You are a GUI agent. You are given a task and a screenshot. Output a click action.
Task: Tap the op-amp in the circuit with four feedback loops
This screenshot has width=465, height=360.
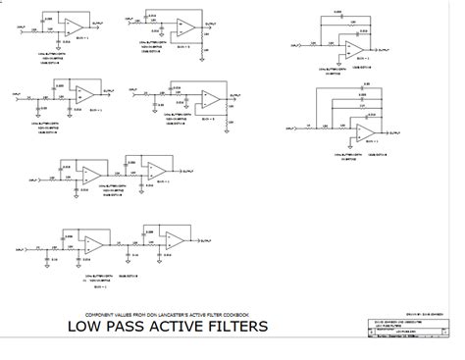point(364,130)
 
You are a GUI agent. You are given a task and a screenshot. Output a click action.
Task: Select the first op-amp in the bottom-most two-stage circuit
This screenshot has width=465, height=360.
point(94,244)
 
